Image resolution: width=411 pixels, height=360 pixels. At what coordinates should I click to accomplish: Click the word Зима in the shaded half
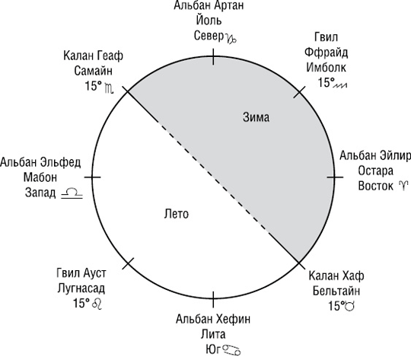[x=256, y=117]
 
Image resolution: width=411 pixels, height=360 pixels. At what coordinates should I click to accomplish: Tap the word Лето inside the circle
[x=177, y=214]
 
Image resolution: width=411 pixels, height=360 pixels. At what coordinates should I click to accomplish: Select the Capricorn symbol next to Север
[x=231, y=39]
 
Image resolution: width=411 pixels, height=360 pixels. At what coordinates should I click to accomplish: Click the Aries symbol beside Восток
[x=403, y=186]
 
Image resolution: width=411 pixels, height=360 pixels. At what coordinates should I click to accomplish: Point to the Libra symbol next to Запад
[x=72, y=193]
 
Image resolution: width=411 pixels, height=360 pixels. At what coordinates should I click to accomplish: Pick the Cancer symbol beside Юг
[x=231, y=350]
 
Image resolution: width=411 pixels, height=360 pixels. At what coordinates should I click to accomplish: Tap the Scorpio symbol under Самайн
[x=109, y=88]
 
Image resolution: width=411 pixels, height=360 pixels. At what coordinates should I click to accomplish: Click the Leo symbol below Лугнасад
[x=97, y=304]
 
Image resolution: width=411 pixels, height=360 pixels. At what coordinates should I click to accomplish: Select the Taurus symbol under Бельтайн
[x=350, y=306]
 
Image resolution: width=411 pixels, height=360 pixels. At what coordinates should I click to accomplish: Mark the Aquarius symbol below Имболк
[x=340, y=85]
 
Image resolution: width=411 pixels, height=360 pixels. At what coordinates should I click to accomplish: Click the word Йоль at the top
[x=209, y=21]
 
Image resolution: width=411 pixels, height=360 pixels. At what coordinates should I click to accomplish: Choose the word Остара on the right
[x=376, y=171]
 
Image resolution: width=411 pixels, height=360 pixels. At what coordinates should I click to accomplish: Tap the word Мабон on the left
[x=40, y=177]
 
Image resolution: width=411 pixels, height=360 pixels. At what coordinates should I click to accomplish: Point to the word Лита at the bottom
[x=213, y=334]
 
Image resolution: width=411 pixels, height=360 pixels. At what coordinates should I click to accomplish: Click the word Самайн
[x=94, y=71]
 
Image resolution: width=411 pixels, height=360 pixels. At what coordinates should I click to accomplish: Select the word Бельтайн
[x=336, y=291]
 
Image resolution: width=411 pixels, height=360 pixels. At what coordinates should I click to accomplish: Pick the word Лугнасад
[x=81, y=288]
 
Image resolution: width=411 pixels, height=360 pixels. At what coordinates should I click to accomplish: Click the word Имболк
[x=327, y=68]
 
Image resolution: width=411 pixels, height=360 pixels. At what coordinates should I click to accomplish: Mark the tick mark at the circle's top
[x=213, y=56]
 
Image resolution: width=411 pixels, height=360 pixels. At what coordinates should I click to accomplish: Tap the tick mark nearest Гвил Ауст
[x=128, y=263]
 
